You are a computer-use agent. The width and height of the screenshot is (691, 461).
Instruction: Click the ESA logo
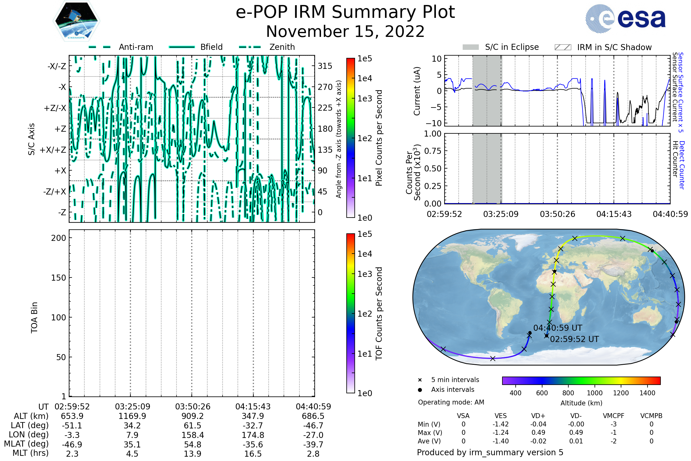625,18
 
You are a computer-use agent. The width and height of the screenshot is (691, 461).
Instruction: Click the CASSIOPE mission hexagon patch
76,21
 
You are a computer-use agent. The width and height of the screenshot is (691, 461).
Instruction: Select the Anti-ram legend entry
121,47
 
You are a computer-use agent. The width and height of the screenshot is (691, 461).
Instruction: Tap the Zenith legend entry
267,47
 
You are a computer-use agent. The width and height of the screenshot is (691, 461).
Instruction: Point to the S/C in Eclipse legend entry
501,47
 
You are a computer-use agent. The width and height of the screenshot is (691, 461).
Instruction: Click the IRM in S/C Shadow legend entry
603,47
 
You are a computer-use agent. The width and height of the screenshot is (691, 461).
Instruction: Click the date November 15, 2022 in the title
345,31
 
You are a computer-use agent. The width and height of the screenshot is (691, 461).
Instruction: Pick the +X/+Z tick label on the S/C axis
53,150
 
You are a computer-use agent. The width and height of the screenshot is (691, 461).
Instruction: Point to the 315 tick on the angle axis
325,66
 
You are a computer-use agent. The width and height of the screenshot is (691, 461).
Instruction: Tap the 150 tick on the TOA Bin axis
58,278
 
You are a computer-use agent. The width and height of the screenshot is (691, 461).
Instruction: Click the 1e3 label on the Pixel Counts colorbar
365,99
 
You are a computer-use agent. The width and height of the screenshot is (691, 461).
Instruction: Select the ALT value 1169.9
132,416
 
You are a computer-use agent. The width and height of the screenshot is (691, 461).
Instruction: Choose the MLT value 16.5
253,454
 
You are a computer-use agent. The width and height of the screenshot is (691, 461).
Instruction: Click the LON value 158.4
193,435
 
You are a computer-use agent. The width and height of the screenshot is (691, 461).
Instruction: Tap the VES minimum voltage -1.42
501,424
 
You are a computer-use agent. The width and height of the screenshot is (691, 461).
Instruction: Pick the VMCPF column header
614,416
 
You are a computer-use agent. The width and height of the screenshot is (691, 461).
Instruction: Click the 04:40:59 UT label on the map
558,328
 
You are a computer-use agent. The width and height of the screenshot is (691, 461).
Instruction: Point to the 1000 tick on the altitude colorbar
595,393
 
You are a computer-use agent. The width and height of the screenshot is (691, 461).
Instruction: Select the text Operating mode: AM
451,402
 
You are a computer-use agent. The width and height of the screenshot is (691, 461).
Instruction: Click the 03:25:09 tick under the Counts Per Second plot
501,214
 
